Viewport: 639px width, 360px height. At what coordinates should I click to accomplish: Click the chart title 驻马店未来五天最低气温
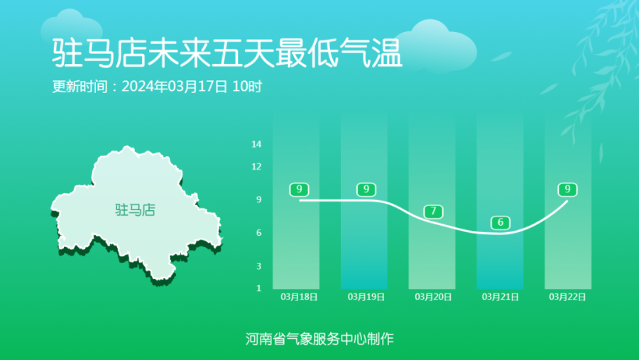click(227, 53)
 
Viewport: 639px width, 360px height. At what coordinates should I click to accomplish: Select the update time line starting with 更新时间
click(157, 87)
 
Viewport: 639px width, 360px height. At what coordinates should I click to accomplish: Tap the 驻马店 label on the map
click(136, 209)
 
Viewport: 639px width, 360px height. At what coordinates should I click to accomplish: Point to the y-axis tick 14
click(256, 144)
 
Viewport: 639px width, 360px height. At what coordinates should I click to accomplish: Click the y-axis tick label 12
click(256, 166)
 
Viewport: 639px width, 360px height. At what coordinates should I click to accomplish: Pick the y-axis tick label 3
click(258, 266)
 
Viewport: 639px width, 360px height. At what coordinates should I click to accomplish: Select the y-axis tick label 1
click(258, 288)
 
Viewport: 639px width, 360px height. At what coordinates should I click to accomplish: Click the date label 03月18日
click(299, 297)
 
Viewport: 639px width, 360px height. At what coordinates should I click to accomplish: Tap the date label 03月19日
click(366, 297)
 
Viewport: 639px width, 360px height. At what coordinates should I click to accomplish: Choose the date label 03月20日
click(433, 297)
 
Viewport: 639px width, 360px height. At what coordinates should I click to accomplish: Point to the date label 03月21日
click(500, 297)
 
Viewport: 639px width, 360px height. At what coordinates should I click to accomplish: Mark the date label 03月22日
click(567, 297)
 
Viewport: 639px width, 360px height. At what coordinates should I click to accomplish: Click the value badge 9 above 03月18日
click(299, 190)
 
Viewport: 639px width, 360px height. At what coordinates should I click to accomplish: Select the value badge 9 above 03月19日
click(366, 190)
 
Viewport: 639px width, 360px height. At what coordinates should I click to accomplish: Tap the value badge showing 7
click(433, 212)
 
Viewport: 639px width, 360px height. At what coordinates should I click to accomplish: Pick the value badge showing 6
click(501, 223)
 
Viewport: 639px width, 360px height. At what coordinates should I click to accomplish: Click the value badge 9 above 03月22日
click(568, 190)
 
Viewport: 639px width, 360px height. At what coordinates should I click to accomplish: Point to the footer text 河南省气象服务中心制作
click(319, 339)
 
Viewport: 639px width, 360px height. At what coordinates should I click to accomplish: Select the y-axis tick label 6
click(258, 233)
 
